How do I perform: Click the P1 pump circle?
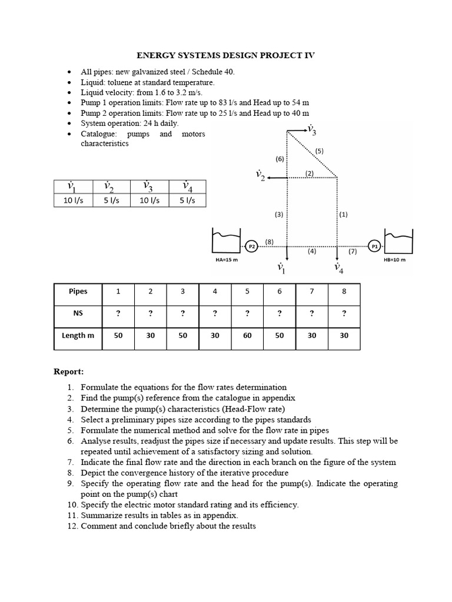(x=374, y=246)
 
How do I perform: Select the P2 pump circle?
(x=251, y=246)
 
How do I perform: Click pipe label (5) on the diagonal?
(x=319, y=150)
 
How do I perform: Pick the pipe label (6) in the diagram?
(x=280, y=159)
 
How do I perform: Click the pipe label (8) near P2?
(x=269, y=241)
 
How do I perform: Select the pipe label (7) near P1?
(x=353, y=252)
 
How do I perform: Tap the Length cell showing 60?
(x=247, y=335)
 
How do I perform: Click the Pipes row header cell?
(x=78, y=291)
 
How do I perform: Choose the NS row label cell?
(x=78, y=313)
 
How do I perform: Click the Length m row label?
(x=78, y=335)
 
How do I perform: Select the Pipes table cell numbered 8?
(x=344, y=291)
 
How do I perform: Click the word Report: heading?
(x=69, y=372)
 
